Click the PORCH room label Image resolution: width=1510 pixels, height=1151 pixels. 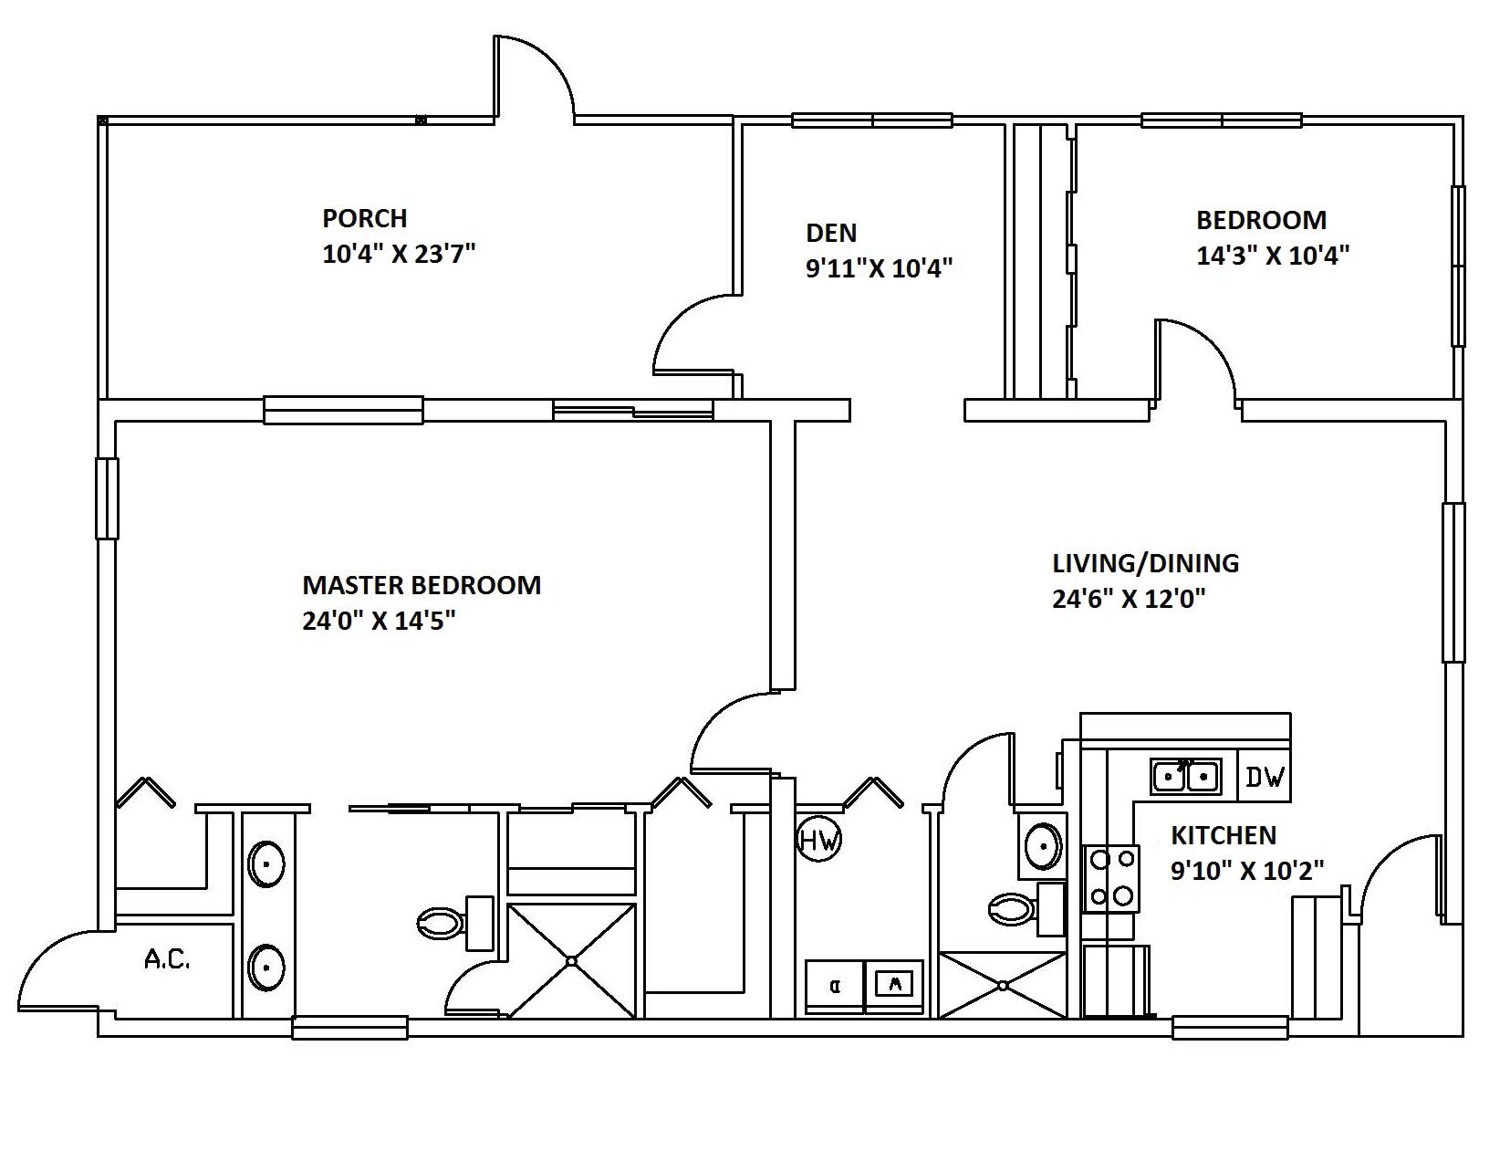coord(364,219)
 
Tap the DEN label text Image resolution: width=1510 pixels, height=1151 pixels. coord(830,234)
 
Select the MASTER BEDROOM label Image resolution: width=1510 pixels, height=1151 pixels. coord(421,585)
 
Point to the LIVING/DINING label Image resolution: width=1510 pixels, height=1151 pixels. coord(1145,563)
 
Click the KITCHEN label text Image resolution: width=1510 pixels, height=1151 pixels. coord(1223,835)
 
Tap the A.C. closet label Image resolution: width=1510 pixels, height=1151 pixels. coord(167,959)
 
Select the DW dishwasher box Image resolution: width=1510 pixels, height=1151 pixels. coord(1265,777)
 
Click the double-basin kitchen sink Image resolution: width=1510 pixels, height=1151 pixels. coord(1185,777)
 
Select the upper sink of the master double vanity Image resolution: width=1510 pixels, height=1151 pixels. coord(266,863)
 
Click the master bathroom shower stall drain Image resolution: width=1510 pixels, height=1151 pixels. coord(571,960)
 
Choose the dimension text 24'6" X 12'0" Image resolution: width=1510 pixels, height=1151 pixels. coord(1129,599)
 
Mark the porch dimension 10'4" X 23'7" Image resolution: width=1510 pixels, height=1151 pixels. coord(399,254)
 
